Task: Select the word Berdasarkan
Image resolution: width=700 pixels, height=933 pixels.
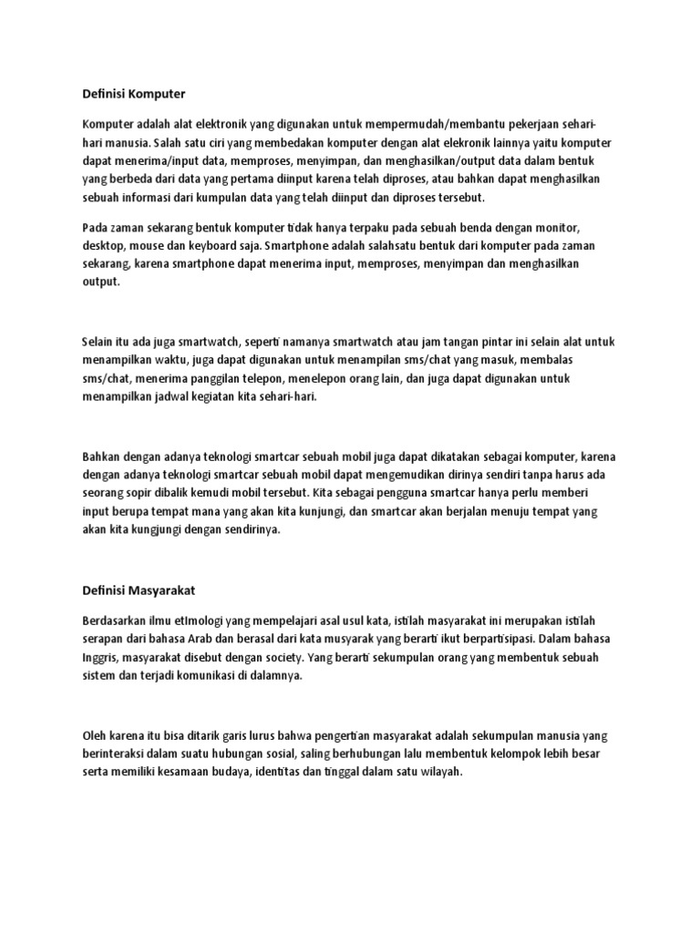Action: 117,620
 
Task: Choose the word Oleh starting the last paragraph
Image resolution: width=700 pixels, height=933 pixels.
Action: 93,734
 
